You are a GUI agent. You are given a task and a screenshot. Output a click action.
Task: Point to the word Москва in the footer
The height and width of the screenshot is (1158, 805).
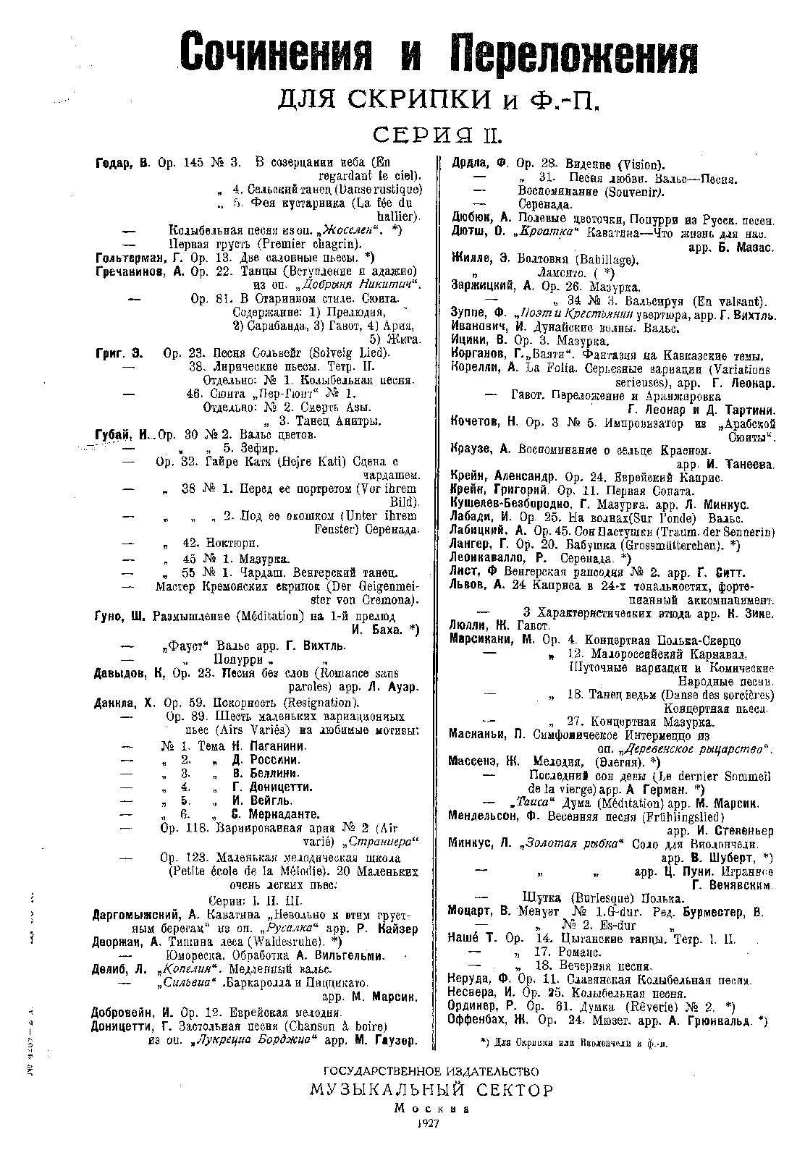tap(431, 1107)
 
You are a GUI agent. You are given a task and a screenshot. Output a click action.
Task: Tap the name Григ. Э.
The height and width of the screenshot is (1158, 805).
tap(119, 353)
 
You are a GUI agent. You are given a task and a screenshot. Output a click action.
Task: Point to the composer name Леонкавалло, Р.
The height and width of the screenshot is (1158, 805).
tap(499, 559)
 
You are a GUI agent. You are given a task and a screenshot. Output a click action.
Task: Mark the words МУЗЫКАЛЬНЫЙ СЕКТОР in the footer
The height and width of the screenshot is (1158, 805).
tap(431, 1090)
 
